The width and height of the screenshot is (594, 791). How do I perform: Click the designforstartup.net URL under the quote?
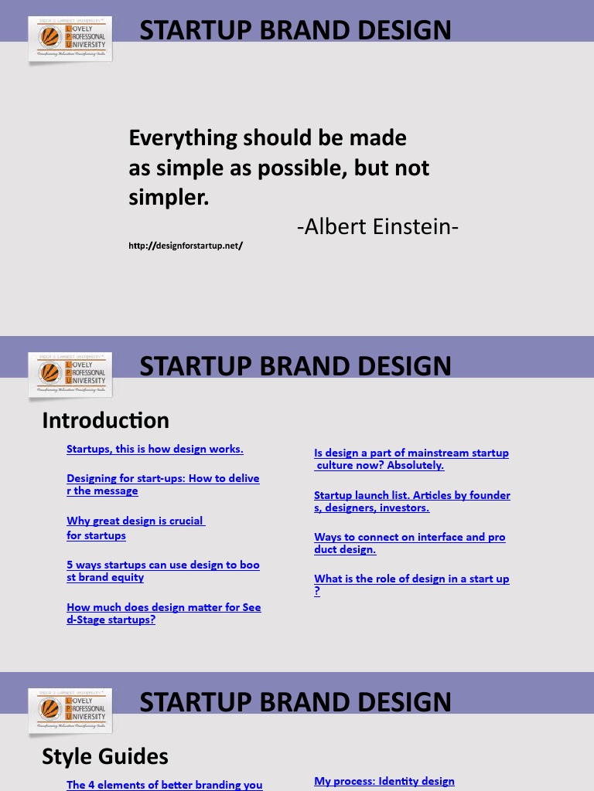tap(186, 246)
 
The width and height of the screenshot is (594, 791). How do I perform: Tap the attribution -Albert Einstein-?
tap(377, 227)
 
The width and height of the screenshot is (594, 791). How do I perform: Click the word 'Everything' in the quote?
tap(183, 138)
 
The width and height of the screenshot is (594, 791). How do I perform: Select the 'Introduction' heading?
tap(105, 420)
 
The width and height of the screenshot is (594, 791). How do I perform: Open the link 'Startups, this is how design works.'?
tap(155, 449)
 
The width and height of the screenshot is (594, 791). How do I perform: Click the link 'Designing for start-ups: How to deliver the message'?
tap(162, 484)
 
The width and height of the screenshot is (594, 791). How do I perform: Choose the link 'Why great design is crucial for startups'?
tap(135, 528)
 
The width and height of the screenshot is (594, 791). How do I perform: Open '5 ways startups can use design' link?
tap(162, 571)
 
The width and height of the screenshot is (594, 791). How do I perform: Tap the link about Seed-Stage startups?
tap(163, 613)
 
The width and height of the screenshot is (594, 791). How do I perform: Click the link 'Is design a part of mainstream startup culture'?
tap(411, 459)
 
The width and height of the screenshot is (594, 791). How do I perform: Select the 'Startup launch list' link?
tap(411, 501)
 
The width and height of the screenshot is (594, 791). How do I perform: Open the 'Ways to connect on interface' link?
tap(409, 543)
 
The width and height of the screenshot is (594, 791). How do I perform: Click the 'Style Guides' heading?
tap(105, 756)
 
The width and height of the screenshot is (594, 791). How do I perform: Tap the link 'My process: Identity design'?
tap(384, 781)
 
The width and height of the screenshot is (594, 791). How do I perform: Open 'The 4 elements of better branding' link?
tap(164, 785)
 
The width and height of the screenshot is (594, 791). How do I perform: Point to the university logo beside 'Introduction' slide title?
tap(70, 375)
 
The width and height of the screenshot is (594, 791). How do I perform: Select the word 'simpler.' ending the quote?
tap(169, 197)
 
